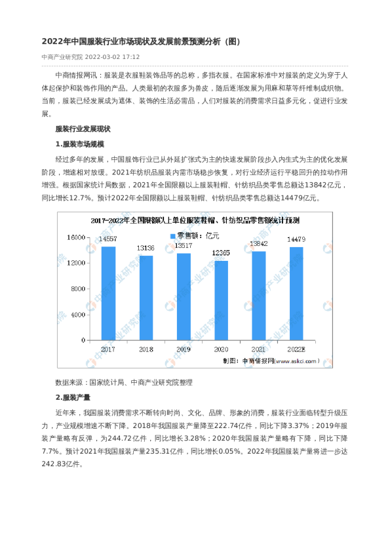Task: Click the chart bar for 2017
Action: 108,293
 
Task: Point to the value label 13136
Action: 146,248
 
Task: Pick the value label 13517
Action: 184,246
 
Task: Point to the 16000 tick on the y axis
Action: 77,237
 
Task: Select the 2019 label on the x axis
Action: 184,349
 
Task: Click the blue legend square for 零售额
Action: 173,235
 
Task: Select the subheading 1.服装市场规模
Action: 80,144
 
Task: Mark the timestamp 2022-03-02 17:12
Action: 112,56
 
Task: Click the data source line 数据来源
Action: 124,382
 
